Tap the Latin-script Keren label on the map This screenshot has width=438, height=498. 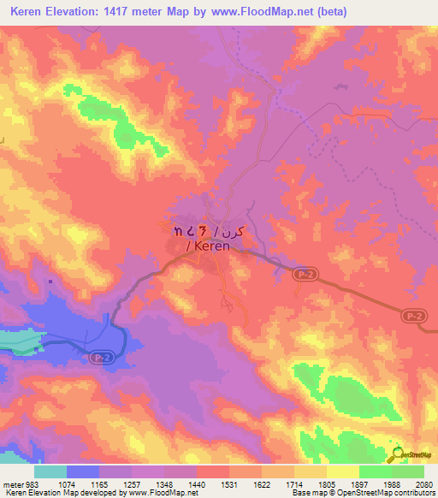tap(210, 246)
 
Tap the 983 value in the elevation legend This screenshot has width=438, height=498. tap(31, 483)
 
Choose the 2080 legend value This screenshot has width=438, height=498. tap(423, 483)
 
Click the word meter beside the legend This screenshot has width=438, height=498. tap(12, 483)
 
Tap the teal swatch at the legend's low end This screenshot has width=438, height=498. tap(50, 471)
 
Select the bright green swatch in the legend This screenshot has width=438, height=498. tap(376, 471)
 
